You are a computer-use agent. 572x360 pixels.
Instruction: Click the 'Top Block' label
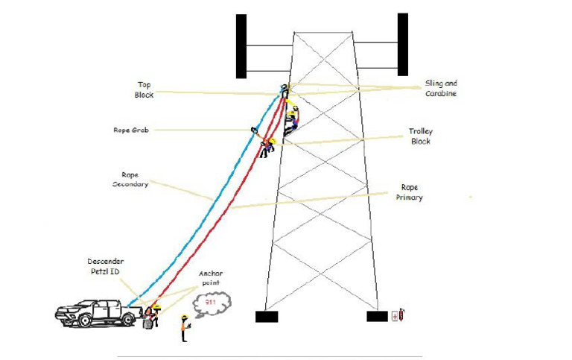(143, 89)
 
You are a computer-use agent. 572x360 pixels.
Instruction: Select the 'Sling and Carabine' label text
(441, 89)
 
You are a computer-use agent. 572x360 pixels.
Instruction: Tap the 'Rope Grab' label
(131, 130)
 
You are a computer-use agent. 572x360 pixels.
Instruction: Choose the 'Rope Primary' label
(412, 192)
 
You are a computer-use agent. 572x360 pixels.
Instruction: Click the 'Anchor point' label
(211, 278)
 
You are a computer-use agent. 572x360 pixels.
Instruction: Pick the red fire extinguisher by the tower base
(401, 315)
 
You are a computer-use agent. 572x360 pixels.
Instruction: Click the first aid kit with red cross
(394, 317)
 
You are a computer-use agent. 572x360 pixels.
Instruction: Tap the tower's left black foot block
(266, 317)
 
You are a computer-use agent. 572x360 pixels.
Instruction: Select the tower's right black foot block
(377, 317)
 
